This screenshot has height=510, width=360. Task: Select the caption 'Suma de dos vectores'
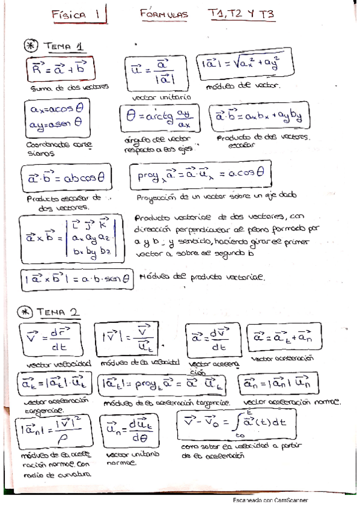(x=69, y=88)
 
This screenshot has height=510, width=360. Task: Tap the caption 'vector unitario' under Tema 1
(x=161, y=96)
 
